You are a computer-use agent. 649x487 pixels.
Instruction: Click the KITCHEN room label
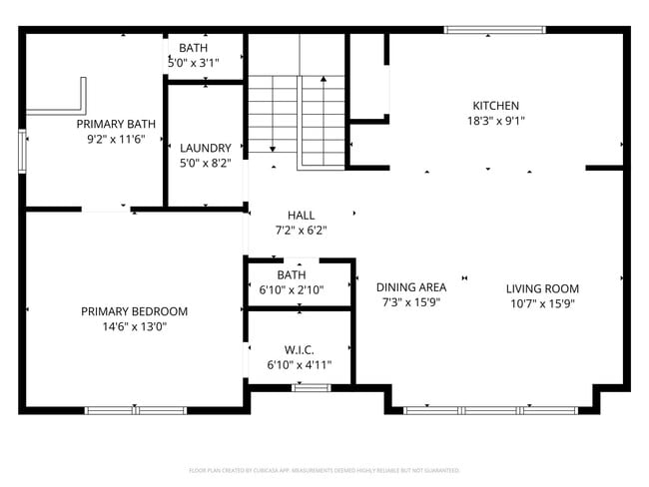tap(495, 106)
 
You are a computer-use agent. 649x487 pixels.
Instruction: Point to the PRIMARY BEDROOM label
tap(134, 311)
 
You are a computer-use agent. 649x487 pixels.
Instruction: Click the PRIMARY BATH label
tap(116, 125)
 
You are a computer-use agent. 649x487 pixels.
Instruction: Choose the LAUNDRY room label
tap(205, 148)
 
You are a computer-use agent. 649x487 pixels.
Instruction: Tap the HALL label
tap(301, 216)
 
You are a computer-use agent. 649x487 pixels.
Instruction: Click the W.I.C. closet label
tap(299, 350)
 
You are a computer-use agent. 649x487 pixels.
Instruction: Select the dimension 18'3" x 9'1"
tap(495, 121)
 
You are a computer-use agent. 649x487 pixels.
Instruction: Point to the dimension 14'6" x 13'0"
tap(134, 326)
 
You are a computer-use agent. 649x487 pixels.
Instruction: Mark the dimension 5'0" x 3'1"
tap(194, 62)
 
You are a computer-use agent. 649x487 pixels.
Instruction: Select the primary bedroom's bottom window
tap(135, 409)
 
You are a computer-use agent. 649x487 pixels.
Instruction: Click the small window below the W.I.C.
tap(311, 386)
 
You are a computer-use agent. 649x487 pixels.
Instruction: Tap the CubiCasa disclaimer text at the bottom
tap(324, 470)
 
